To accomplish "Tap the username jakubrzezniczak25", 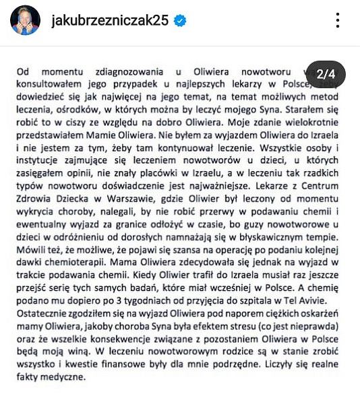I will pos(109,21).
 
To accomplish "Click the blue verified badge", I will pos(180,21).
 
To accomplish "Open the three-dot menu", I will pos(338,20).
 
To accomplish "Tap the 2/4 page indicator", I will pos(330,74).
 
